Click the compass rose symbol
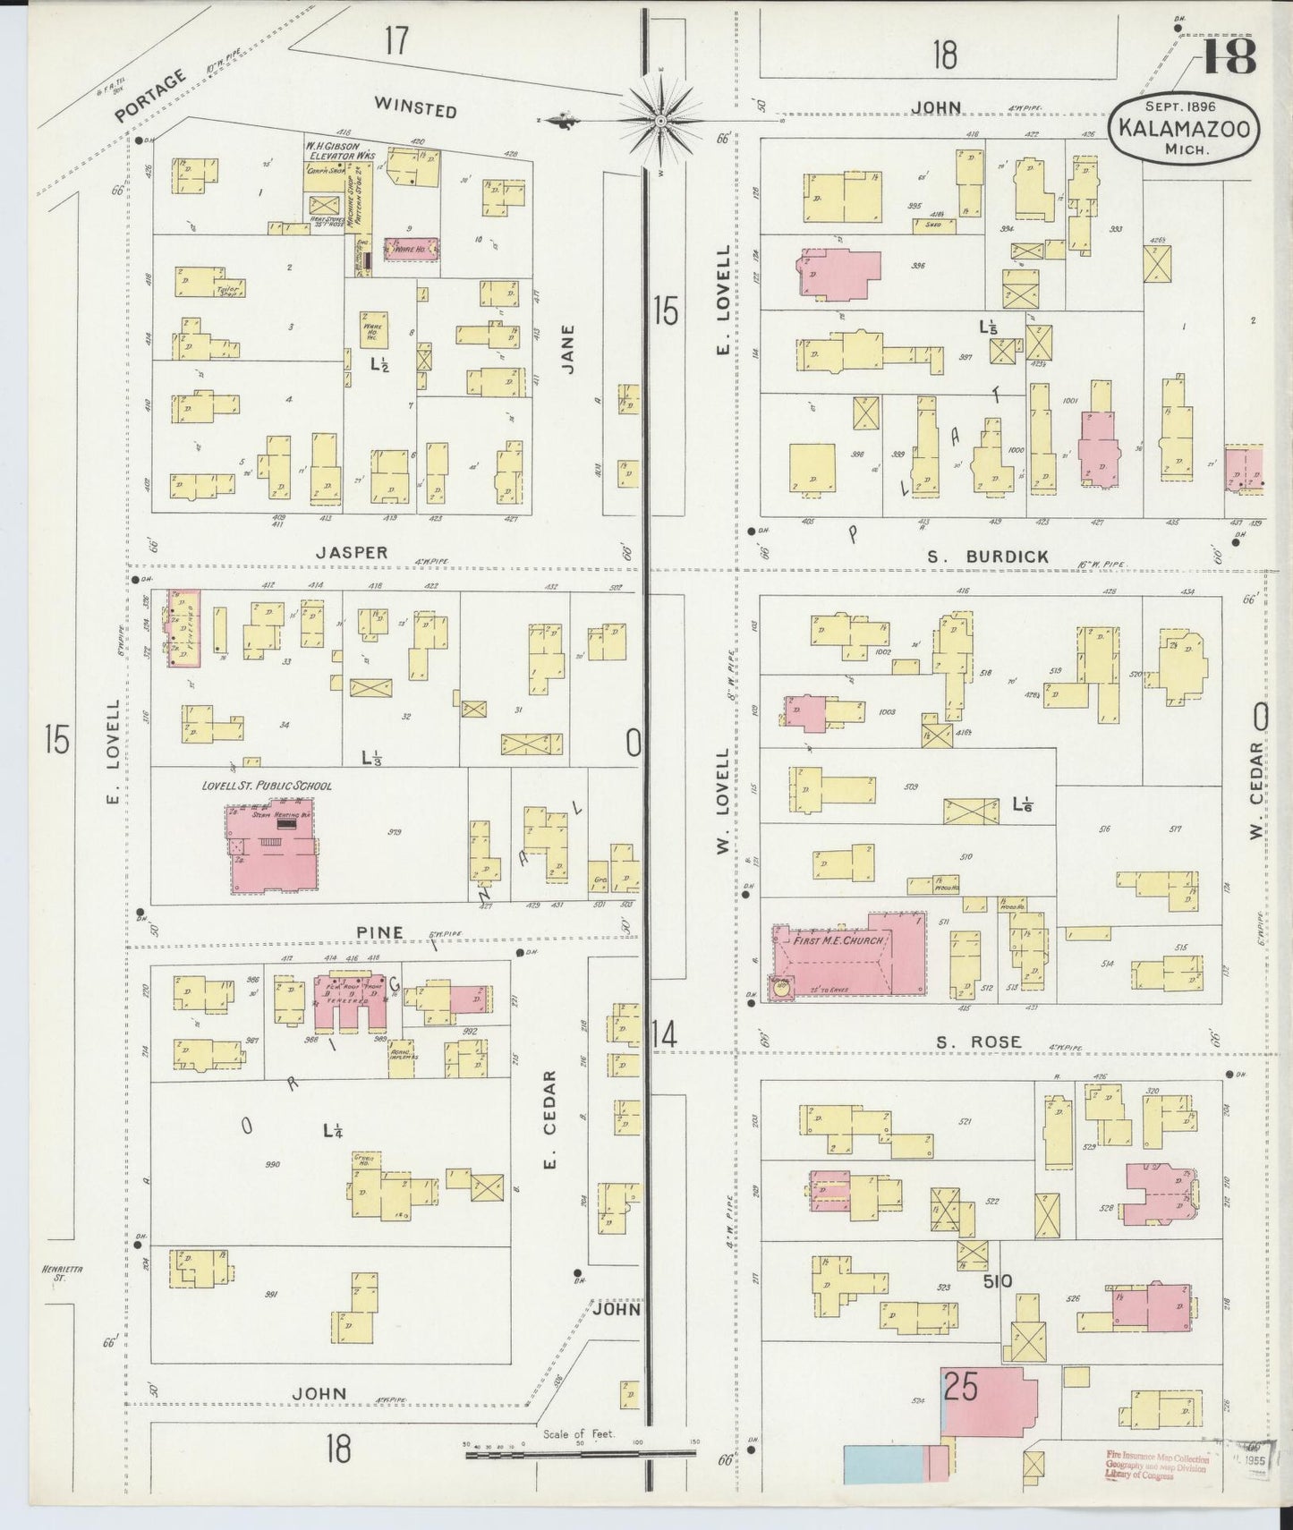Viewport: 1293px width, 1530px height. point(659,120)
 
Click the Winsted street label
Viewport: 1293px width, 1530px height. point(415,109)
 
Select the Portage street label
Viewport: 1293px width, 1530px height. point(150,97)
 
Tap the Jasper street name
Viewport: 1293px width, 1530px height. point(351,552)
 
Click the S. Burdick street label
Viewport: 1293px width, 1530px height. point(987,557)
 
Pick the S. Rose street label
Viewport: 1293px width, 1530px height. point(978,1042)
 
